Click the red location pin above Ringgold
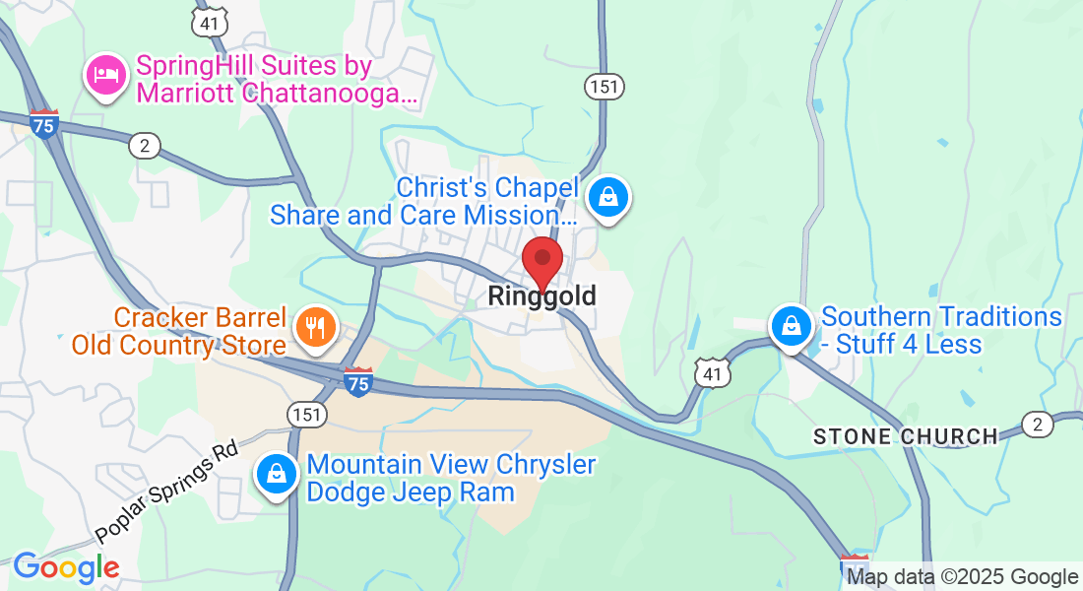point(541,261)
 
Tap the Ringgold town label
point(541,295)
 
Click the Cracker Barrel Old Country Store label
point(179,332)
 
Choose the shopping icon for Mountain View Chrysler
point(278,475)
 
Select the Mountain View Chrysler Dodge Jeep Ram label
point(451,478)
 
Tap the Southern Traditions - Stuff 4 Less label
point(940,330)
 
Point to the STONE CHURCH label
point(906,436)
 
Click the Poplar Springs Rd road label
point(167,490)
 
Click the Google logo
point(66,567)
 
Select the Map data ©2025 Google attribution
point(962,577)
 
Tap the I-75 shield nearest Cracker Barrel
point(358,381)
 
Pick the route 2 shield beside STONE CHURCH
point(1037,425)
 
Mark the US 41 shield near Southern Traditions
point(711,372)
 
